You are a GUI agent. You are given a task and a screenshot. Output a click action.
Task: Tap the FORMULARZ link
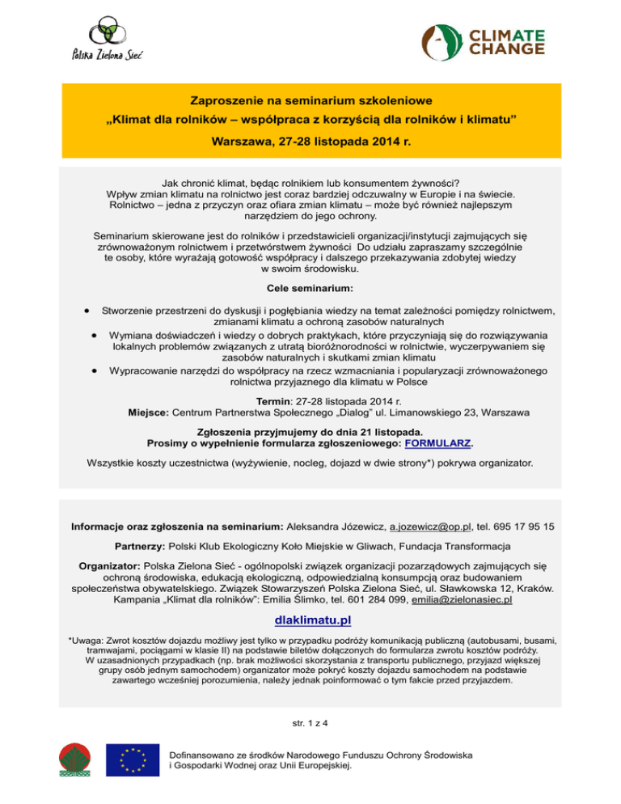(x=438, y=443)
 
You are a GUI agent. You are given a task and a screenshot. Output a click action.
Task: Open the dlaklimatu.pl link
(x=311, y=620)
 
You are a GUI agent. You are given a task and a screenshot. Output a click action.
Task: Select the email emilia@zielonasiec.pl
(x=461, y=600)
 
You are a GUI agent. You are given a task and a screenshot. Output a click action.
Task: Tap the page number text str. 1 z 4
(x=310, y=722)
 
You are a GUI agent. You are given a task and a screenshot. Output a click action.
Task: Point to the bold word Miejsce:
(x=149, y=412)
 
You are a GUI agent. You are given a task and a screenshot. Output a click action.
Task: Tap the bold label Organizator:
(x=109, y=566)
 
